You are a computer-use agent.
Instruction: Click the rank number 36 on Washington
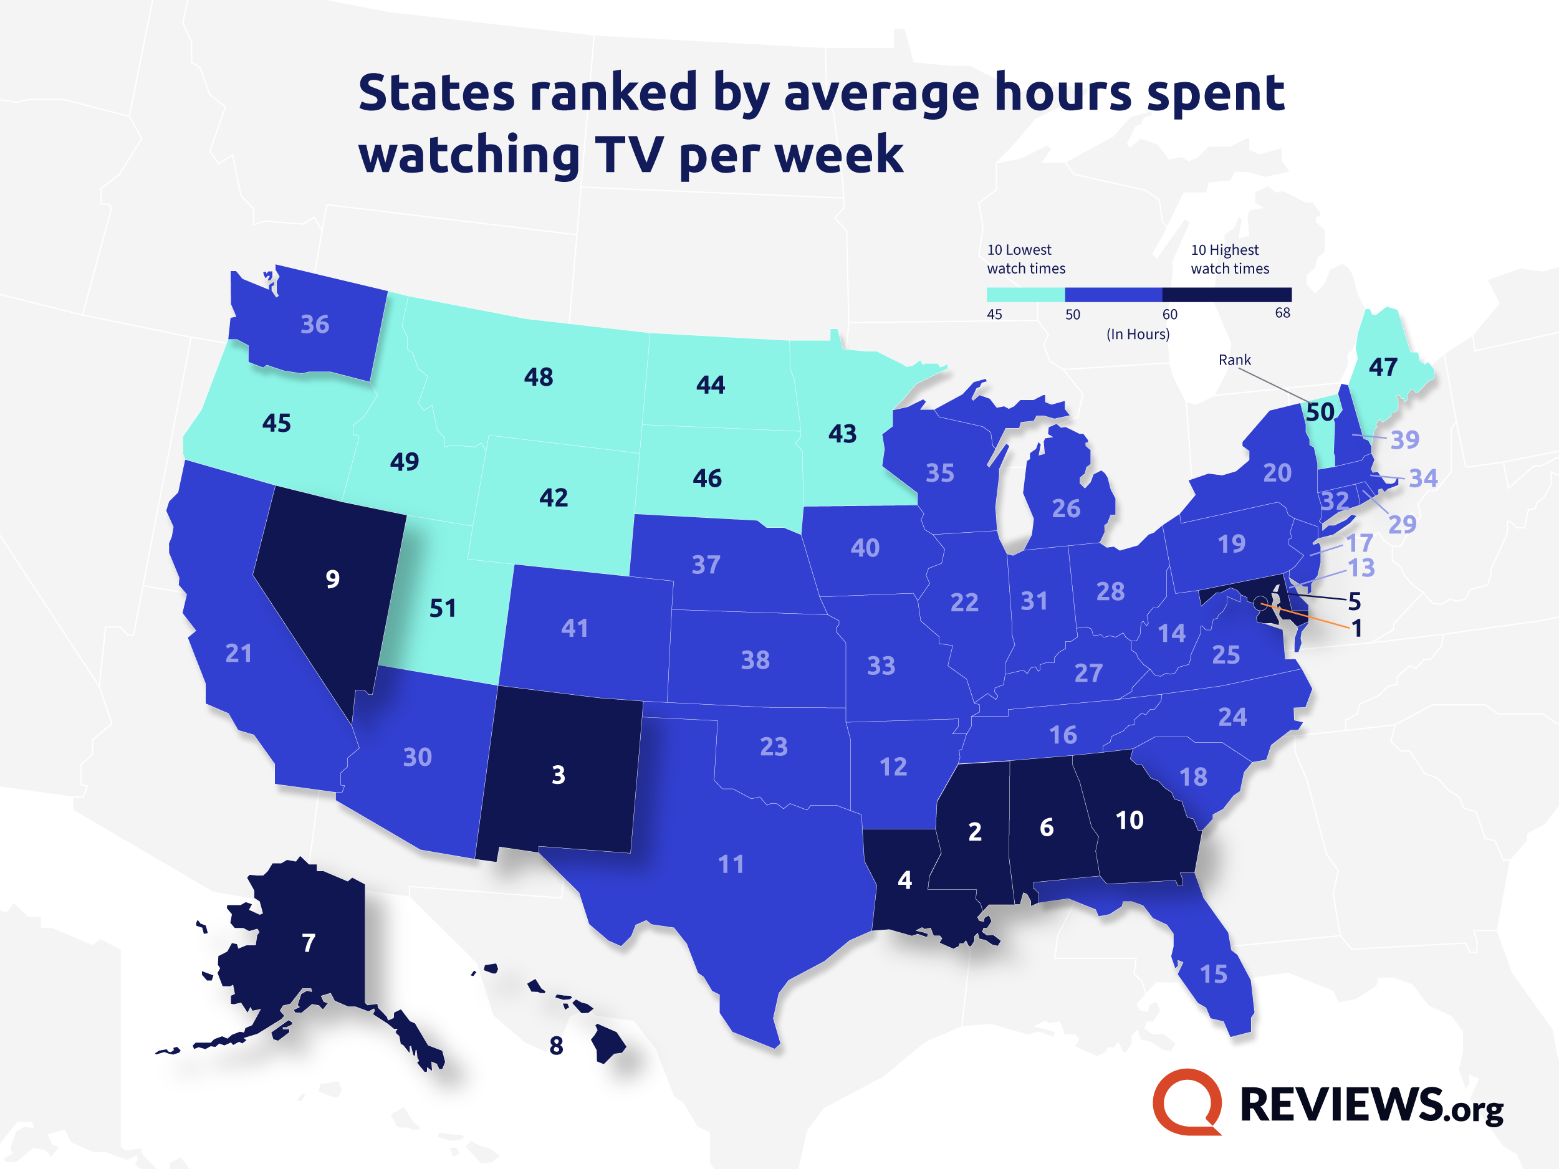pyautogui.click(x=315, y=324)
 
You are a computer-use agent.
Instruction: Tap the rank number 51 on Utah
pyautogui.click(x=443, y=608)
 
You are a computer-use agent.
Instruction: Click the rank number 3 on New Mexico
pyautogui.click(x=558, y=775)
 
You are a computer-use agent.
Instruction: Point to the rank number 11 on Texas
pyautogui.click(x=731, y=864)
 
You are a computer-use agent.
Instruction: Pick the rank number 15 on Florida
pyautogui.click(x=1214, y=975)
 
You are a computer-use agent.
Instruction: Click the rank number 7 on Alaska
pyautogui.click(x=309, y=943)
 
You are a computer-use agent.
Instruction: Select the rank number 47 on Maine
pyautogui.click(x=1383, y=367)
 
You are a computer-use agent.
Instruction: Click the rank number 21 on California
pyautogui.click(x=238, y=653)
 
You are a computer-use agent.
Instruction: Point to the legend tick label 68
pyautogui.click(x=1283, y=313)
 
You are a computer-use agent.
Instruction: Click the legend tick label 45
pyautogui.click(x=994, y=314)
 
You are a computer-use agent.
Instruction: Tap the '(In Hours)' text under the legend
pyautogui.click(x=1138, y=334)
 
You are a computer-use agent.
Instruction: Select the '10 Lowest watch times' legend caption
pyautogui.click(x=1025, y=259)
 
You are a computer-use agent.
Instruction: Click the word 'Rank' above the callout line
pyautogui.click(x=1235, y=360)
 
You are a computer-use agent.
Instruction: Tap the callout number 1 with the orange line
pyautogui.click(x=1356, y=628)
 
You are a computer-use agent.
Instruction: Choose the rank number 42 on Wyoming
pyautogui.click(x=554, y=498)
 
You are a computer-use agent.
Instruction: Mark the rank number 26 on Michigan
pyautogui.click(x=1066, y=508)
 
